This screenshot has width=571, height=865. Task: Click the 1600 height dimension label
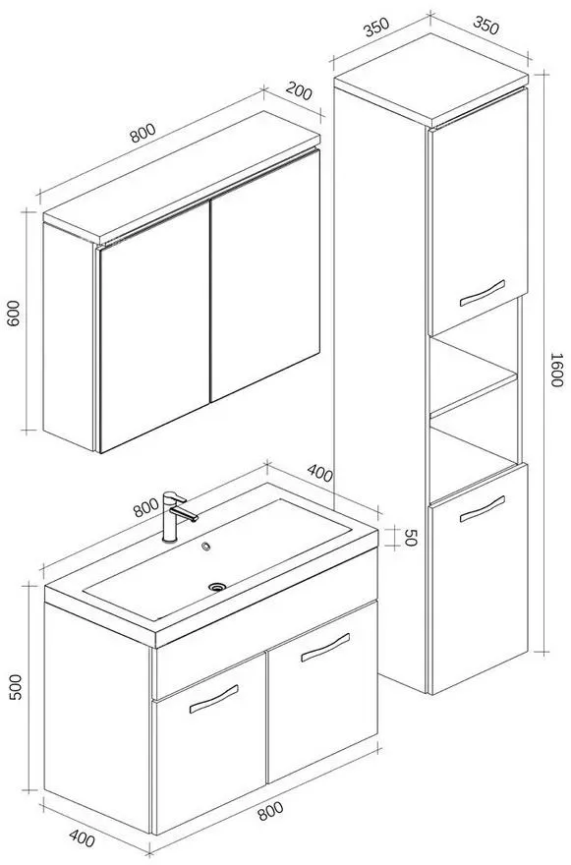click(x=555, y=370)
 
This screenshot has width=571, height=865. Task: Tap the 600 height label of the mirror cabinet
click(x=13, y=313)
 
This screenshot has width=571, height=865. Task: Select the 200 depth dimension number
click(x=299, y=91)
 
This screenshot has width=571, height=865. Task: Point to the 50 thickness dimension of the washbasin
click(x=410, y=538)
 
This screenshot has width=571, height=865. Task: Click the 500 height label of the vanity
click(x=16, y=687)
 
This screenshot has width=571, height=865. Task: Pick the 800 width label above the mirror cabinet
click(x=143, y=133)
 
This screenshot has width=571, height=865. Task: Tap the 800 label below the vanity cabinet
click(x=270, y=810)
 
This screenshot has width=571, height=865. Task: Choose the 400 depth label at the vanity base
click(x=83, y=839)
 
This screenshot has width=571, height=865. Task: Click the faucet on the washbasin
click(x=177, y=516)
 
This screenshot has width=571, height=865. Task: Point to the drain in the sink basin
click(x=217, y=587)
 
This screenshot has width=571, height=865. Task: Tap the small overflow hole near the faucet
click(x=206, y=547)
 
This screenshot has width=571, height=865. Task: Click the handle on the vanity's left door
click(x=214, y=699)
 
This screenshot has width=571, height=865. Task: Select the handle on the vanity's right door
click(x=325, y=647)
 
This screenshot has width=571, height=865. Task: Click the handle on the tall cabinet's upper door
click(x=483, y=293)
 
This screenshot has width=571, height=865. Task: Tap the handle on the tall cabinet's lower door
click(x=483, y=508)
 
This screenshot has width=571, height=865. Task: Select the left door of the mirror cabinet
click(x=154, y=326)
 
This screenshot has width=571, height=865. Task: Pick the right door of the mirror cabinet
click(x=265, y=274)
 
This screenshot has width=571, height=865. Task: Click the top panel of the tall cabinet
click(x=430, y=80)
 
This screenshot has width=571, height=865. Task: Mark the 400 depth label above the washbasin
click(x=320, y=473)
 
